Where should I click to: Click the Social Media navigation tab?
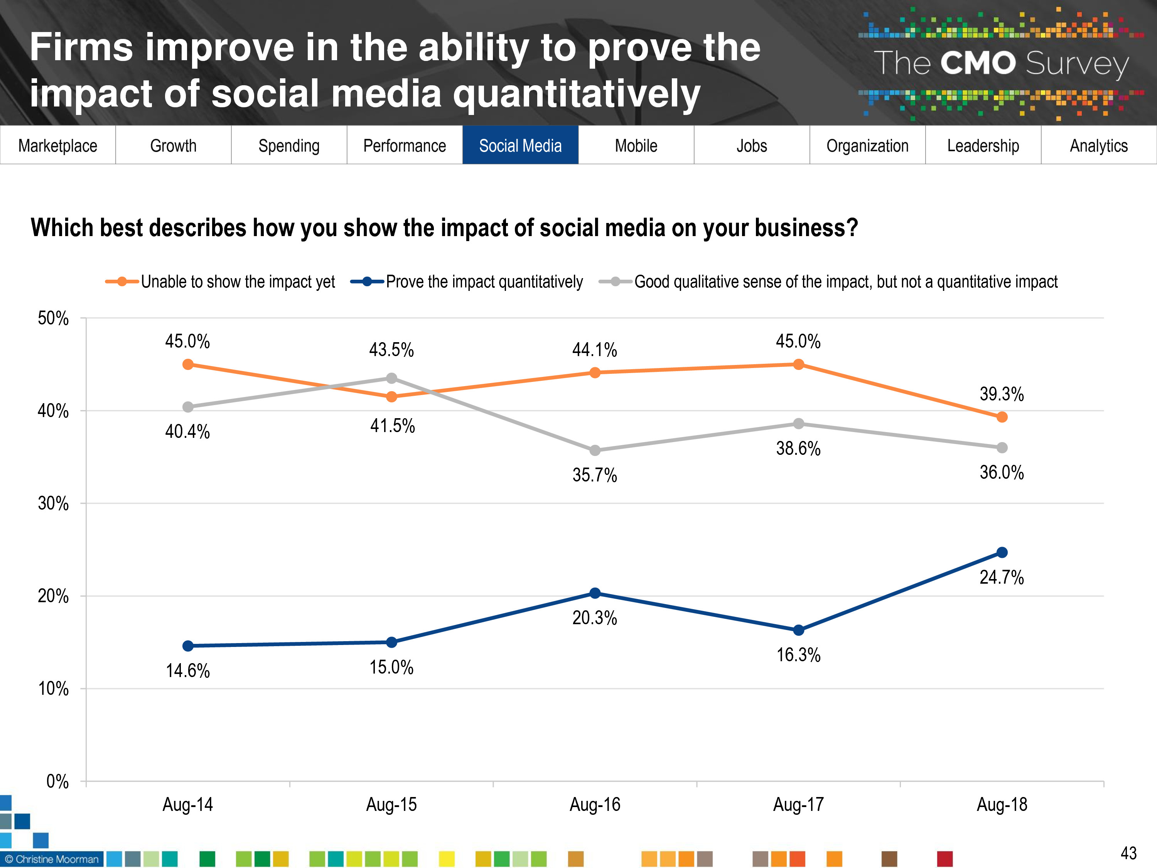[520, 145]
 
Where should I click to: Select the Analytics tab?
[1098, 145]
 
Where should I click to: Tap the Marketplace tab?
[57, 145]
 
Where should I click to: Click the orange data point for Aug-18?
[1002, 417]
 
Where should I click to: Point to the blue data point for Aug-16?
[595, 593]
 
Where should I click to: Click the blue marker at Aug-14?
[188, 646]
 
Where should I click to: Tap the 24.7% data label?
[1001, 577]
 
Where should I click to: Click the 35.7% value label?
[594, 475]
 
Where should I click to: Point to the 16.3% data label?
[798, 655]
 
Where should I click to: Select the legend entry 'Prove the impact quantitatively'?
[484, 282]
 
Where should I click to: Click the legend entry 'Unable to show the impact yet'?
[238, 282]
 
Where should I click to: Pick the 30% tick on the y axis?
[53, 503]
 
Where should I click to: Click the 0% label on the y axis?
[57, 781]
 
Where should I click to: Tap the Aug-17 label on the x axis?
[798, 804]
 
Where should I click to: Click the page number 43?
[1128, 853]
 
